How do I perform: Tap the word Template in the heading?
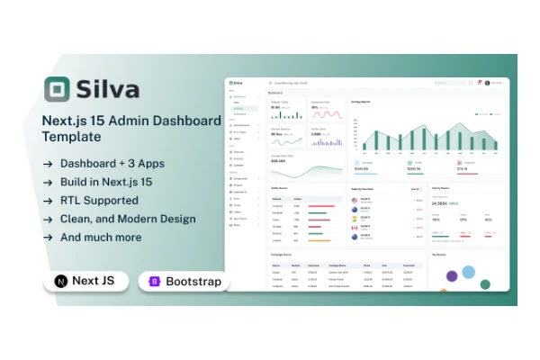[72, 138]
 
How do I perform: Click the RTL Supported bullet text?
[99, 200]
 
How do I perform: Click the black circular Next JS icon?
[60, 282]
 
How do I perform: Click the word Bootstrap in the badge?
[193, 282]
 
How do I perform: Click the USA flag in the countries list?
[354, 201]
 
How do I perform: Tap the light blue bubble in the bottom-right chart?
[468, 272]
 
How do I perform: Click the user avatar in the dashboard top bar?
[487, 83]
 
